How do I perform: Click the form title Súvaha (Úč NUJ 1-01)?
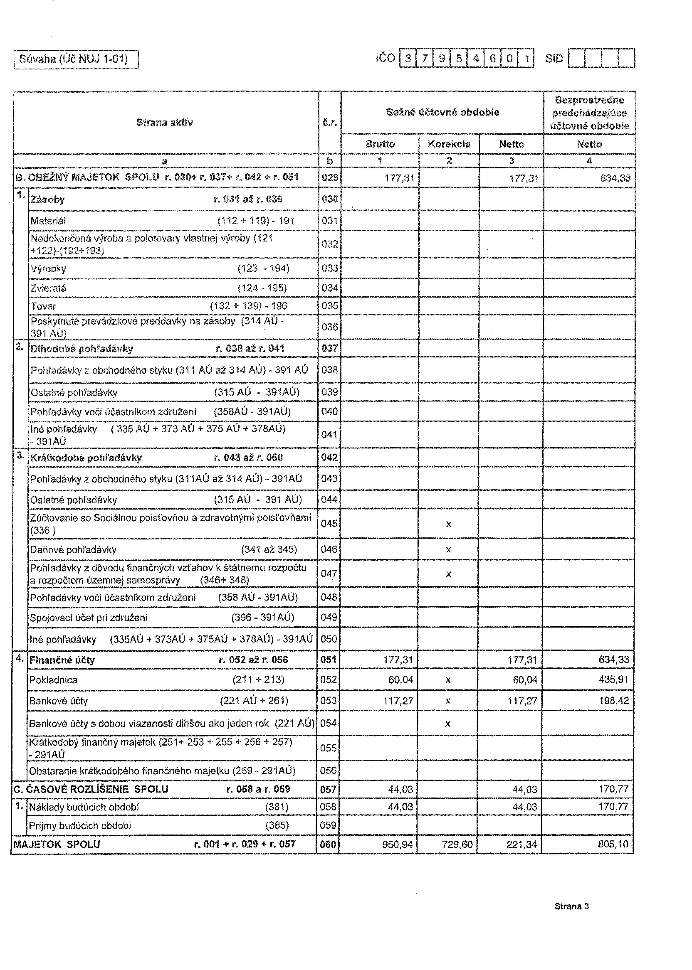click(x=74, y=59)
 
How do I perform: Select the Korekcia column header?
click(x=449, y=144)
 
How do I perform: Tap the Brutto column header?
click(x=380, y=144)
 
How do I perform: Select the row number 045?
click(x=329, y=523)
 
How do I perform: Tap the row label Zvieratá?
click(x=48, y=288)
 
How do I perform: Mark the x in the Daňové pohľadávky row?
click(x=448, y=550)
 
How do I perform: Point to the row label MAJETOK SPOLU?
click(x=57, y=844)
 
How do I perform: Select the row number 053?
click(x=329, y=700)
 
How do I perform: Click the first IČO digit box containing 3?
click(x=408, y=59)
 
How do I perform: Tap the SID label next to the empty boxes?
click(x=554, y=59)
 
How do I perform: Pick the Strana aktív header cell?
click(x=165, y=123)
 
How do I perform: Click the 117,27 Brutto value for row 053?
click(x=398, y=700)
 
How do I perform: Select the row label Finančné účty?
click(x=62, y=660)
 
